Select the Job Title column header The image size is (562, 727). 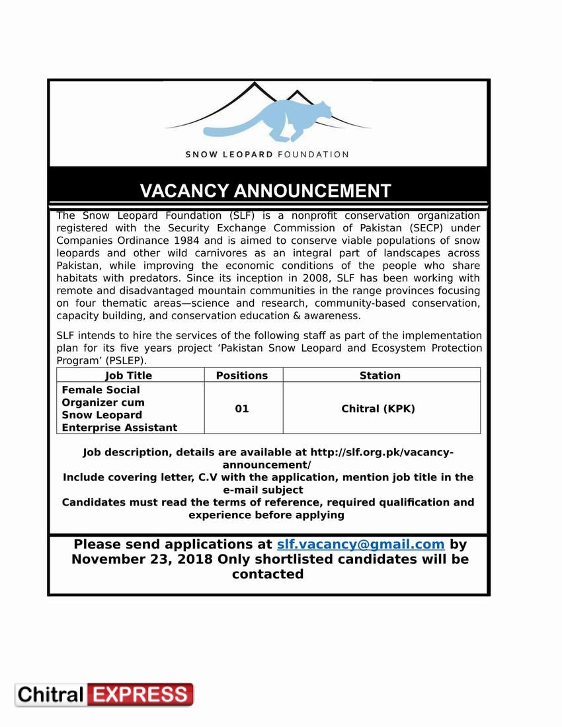[x=129, y=375]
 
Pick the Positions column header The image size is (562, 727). [x=242, y=375]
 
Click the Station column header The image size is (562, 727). [x=380, y=375]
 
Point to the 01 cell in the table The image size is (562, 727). [x=242, y=408]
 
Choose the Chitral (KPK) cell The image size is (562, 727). [x=378, y=408]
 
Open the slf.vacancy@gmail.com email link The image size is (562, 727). [x=360, y=545]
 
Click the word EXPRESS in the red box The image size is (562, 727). [x=140, y=695]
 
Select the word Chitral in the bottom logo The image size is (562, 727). [x=51, y=695]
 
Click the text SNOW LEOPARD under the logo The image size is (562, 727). [x=229, y=155]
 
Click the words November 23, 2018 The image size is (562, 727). [x=142, y=559]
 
